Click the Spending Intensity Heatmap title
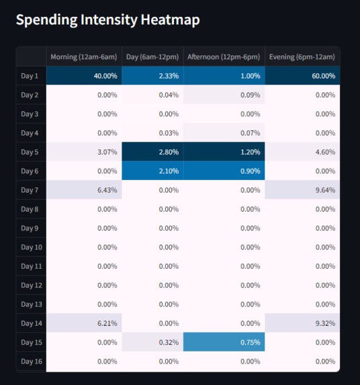[107, 20]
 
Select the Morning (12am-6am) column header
[84, 57]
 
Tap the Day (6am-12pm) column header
[152, 57]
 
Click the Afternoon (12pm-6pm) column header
[224, 57]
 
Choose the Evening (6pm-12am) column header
[302, 57]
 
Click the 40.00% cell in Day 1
[84, 76]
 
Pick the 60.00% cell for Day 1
[302, 76]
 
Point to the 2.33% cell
[152, 76]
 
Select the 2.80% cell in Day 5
[152, 152]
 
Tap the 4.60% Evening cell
[302, 152]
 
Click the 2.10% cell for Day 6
[152, 171]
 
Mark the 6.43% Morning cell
[84, 190]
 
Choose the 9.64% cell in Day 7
[302, 190]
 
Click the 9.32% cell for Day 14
[302, 323]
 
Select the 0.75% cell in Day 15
[224, 342]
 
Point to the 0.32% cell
[152, 342]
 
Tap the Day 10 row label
[31, 247]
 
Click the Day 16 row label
[31, 361]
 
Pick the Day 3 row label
[30, 114]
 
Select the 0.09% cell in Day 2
[224, 95]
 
